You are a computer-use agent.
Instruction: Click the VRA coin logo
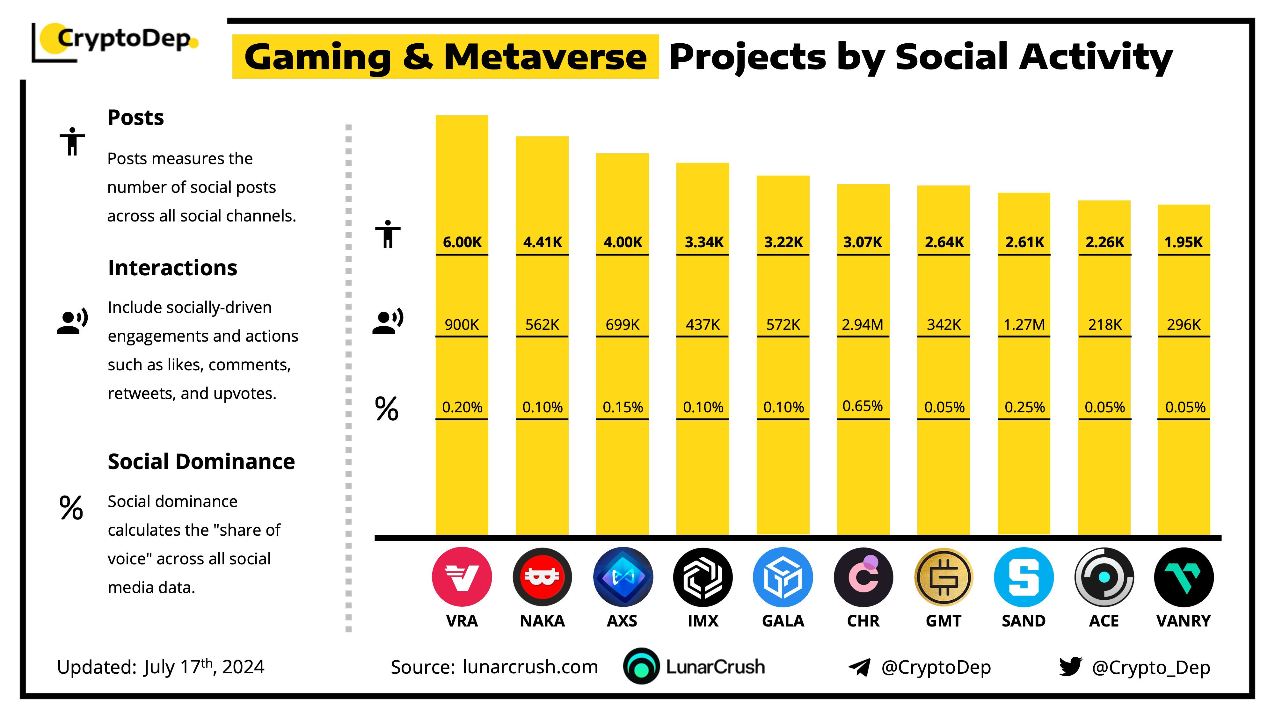point(461,577)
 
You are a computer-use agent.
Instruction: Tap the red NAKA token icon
point(542,577)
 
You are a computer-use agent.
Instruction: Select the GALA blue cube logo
point(783,577)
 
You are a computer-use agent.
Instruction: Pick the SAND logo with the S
point(1024,577)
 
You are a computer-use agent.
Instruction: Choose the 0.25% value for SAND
point(1024,407)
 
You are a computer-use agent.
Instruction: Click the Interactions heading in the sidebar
point(172,268)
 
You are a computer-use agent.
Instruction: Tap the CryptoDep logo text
point(124,39)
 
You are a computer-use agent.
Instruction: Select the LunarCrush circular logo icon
point(641,667)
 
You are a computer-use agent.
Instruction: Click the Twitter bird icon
point(1070,667)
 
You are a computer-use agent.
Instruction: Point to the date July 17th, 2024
point(204,667)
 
